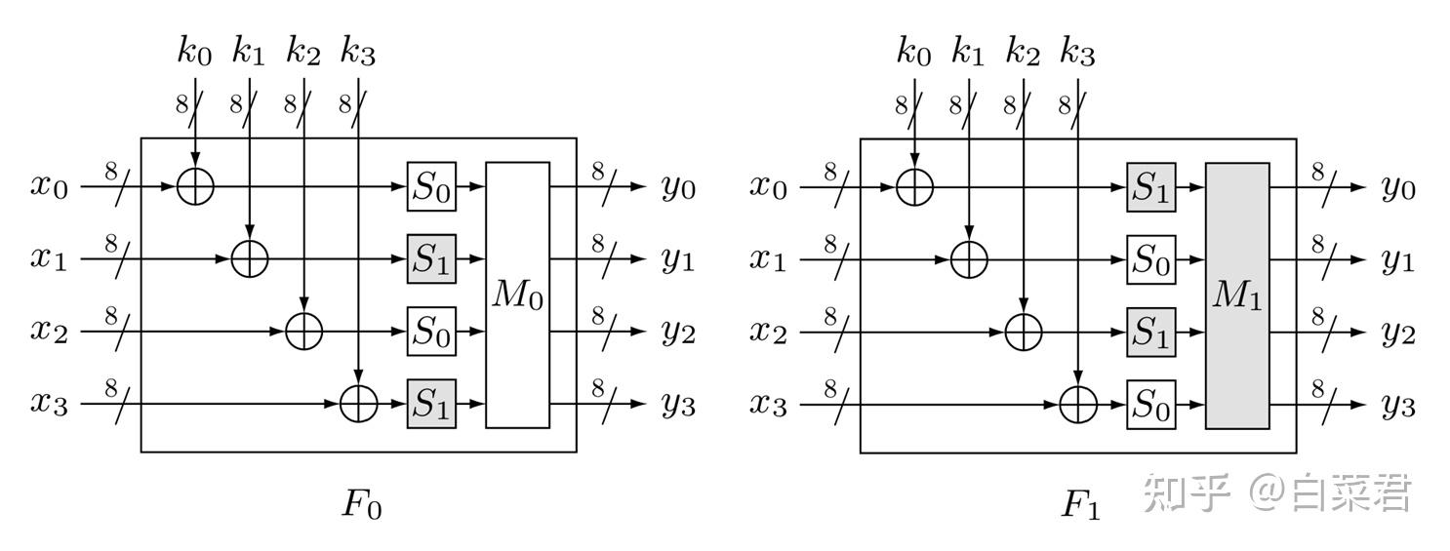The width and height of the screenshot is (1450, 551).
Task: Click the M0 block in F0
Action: click(x=518, y=295)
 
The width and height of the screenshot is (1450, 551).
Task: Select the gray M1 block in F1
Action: click(x=1237, y=295)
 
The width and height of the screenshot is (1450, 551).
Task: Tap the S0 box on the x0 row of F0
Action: click(x=431, y=186)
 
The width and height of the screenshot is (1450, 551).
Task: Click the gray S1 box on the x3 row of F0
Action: click(x=431, y=404)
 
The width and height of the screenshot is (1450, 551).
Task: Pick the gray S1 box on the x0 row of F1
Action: click(x=1151, y=187)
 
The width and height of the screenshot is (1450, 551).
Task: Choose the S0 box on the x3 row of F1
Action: click(x=1151, y=405)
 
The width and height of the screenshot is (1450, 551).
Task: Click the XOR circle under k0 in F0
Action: click(x=195, y=186)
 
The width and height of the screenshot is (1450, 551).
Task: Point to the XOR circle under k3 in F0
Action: click(x=359, y=404)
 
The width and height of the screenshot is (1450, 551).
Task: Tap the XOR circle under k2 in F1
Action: click(x=1024, y=333)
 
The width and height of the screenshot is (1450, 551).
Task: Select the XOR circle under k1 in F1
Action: click(x=969, y=260)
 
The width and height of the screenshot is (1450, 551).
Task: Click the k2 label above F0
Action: click(x=303, y=51)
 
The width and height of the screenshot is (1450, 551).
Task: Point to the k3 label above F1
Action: click(x=1078, y=51)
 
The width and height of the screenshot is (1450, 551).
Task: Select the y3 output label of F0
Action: click(x=678, y=406)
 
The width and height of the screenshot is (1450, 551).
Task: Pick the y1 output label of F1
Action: click(x=1398, y=261)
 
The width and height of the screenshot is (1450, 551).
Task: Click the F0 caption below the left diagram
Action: click(x=361, y=504)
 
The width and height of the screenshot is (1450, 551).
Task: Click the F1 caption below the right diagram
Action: click(x=1080, y=504)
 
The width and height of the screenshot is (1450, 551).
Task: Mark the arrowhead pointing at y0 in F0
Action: click(x=639, y=186)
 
